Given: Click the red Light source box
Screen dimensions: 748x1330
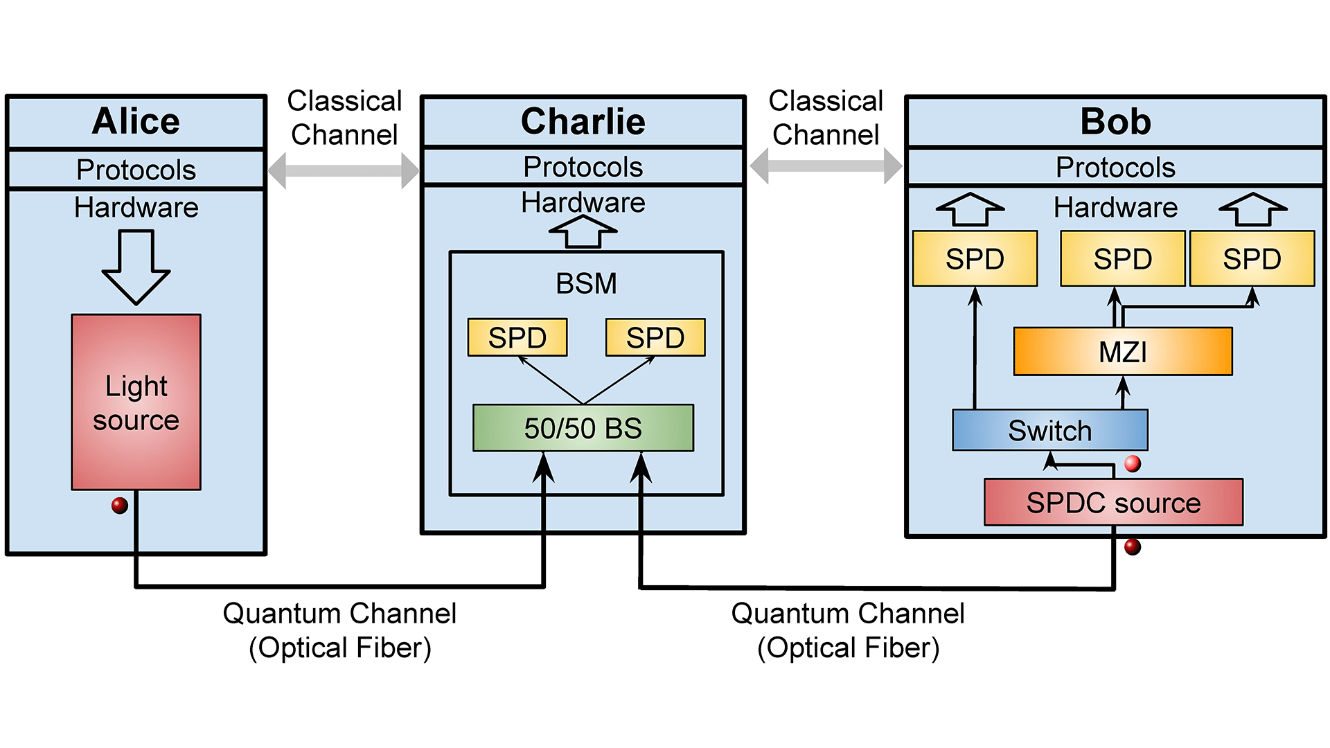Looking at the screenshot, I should pos(136,402).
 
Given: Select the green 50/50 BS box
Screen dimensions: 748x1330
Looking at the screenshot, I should pos(583,428).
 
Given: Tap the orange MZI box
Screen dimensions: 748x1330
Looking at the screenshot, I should pos(1122,352).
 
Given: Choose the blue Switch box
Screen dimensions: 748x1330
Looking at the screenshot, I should pos(1049,430).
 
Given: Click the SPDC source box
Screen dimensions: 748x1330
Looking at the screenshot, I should pos(1113,502).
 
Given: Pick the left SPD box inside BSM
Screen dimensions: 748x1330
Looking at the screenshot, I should pos(517,337).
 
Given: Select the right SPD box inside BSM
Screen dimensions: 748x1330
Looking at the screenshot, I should pos(655,337).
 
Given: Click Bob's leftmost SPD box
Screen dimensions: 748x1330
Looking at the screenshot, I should pos(975,258).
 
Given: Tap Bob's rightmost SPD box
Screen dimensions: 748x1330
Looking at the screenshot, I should pos(1252,258).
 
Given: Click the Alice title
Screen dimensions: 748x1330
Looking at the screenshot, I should pos(136,121).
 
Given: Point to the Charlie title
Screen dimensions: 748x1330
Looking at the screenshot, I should pos(583,121).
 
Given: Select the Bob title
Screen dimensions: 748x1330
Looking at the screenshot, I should pos(1115,121).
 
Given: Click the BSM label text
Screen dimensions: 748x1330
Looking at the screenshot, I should pos(586,283).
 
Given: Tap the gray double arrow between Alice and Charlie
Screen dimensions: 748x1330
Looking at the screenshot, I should pos(344,170).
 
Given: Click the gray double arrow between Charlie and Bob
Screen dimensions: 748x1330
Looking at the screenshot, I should pos(826,166).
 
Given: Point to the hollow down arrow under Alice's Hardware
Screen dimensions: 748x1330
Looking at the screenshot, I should pos(136,267).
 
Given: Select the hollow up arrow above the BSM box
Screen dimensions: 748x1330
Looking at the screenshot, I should pos(583,232).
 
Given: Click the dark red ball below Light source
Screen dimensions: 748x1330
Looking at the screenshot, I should pos(120,506).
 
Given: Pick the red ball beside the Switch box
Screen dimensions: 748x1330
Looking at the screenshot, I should pos(1133,463).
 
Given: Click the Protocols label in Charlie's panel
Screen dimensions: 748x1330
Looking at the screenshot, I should pos(583,167).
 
